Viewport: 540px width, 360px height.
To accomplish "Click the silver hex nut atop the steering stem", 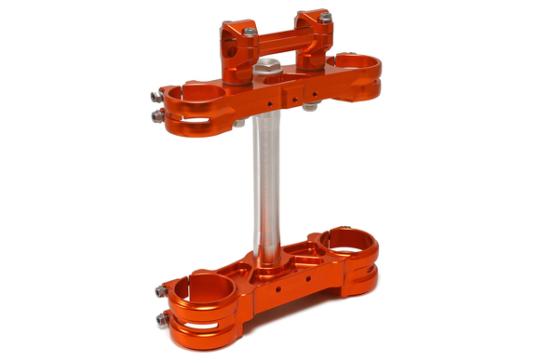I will click(267, 67).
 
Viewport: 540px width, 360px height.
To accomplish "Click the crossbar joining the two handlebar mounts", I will click(277, 41).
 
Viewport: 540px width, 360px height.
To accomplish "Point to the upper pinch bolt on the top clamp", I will click(155, 95).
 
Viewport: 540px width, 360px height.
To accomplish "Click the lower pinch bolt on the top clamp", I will click(155, 115).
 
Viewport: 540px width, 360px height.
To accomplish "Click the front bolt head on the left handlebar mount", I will click(250, 31).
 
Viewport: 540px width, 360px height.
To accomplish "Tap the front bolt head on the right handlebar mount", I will click(325, 18).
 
